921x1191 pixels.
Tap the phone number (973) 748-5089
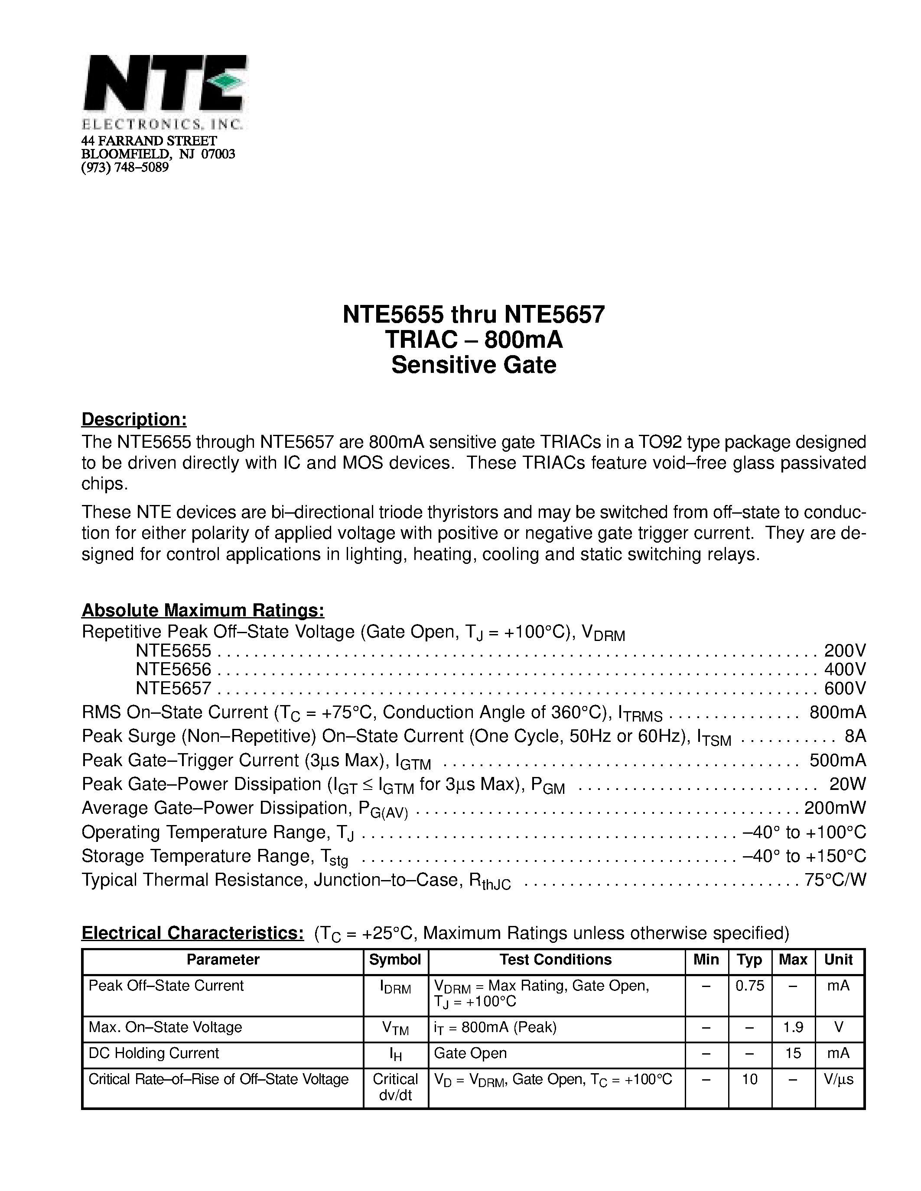click(x=125, y=168)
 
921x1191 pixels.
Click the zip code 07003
click(x=218, y=154)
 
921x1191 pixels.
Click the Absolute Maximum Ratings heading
click(x=203, y=610)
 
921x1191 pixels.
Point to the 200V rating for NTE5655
click(x=845, y=651)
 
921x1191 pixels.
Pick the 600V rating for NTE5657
click(x=845, y=689)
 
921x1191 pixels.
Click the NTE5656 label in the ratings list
click(x=173, y=670)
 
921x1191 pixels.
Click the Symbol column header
click(x=395, y=960)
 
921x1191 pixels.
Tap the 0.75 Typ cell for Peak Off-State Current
click(x=750, y=985)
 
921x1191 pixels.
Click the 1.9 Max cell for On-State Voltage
click(x=793, y=1027)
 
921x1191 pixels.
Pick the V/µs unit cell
click(x=840, y=1079)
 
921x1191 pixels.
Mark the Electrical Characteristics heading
click(x=192, y=933)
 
